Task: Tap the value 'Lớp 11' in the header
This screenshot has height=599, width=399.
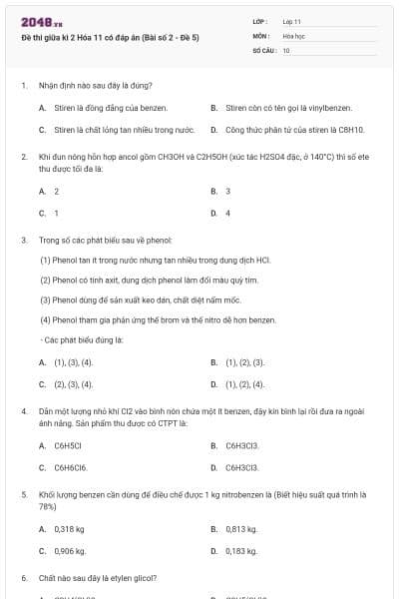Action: [292, 21]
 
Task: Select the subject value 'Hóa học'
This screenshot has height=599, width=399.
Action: [294, 35]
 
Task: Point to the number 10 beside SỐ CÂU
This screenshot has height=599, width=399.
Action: [286, 49]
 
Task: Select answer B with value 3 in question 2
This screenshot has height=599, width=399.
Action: [228, 191]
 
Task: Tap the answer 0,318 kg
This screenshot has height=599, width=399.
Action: [69, 529]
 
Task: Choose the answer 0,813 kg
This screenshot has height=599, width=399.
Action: [241, 529]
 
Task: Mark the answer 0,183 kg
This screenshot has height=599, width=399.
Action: [241, 551]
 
